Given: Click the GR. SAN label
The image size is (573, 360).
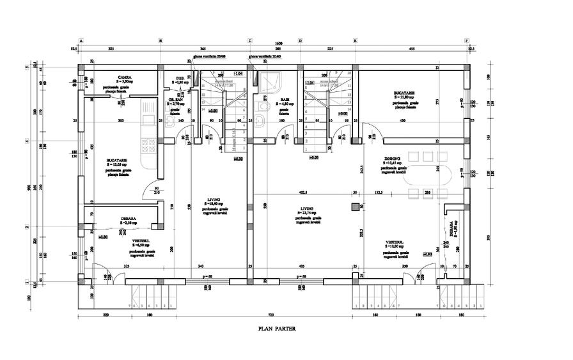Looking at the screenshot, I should [177, 100].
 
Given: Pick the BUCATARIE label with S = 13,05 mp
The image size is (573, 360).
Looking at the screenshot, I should [117, 160].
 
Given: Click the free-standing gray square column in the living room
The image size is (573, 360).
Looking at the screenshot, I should [354, 207].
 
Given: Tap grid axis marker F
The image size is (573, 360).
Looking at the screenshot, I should [467, 40].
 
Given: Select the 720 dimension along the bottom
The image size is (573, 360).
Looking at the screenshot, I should [270, 315].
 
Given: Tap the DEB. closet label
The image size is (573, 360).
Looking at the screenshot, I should [180, 79].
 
